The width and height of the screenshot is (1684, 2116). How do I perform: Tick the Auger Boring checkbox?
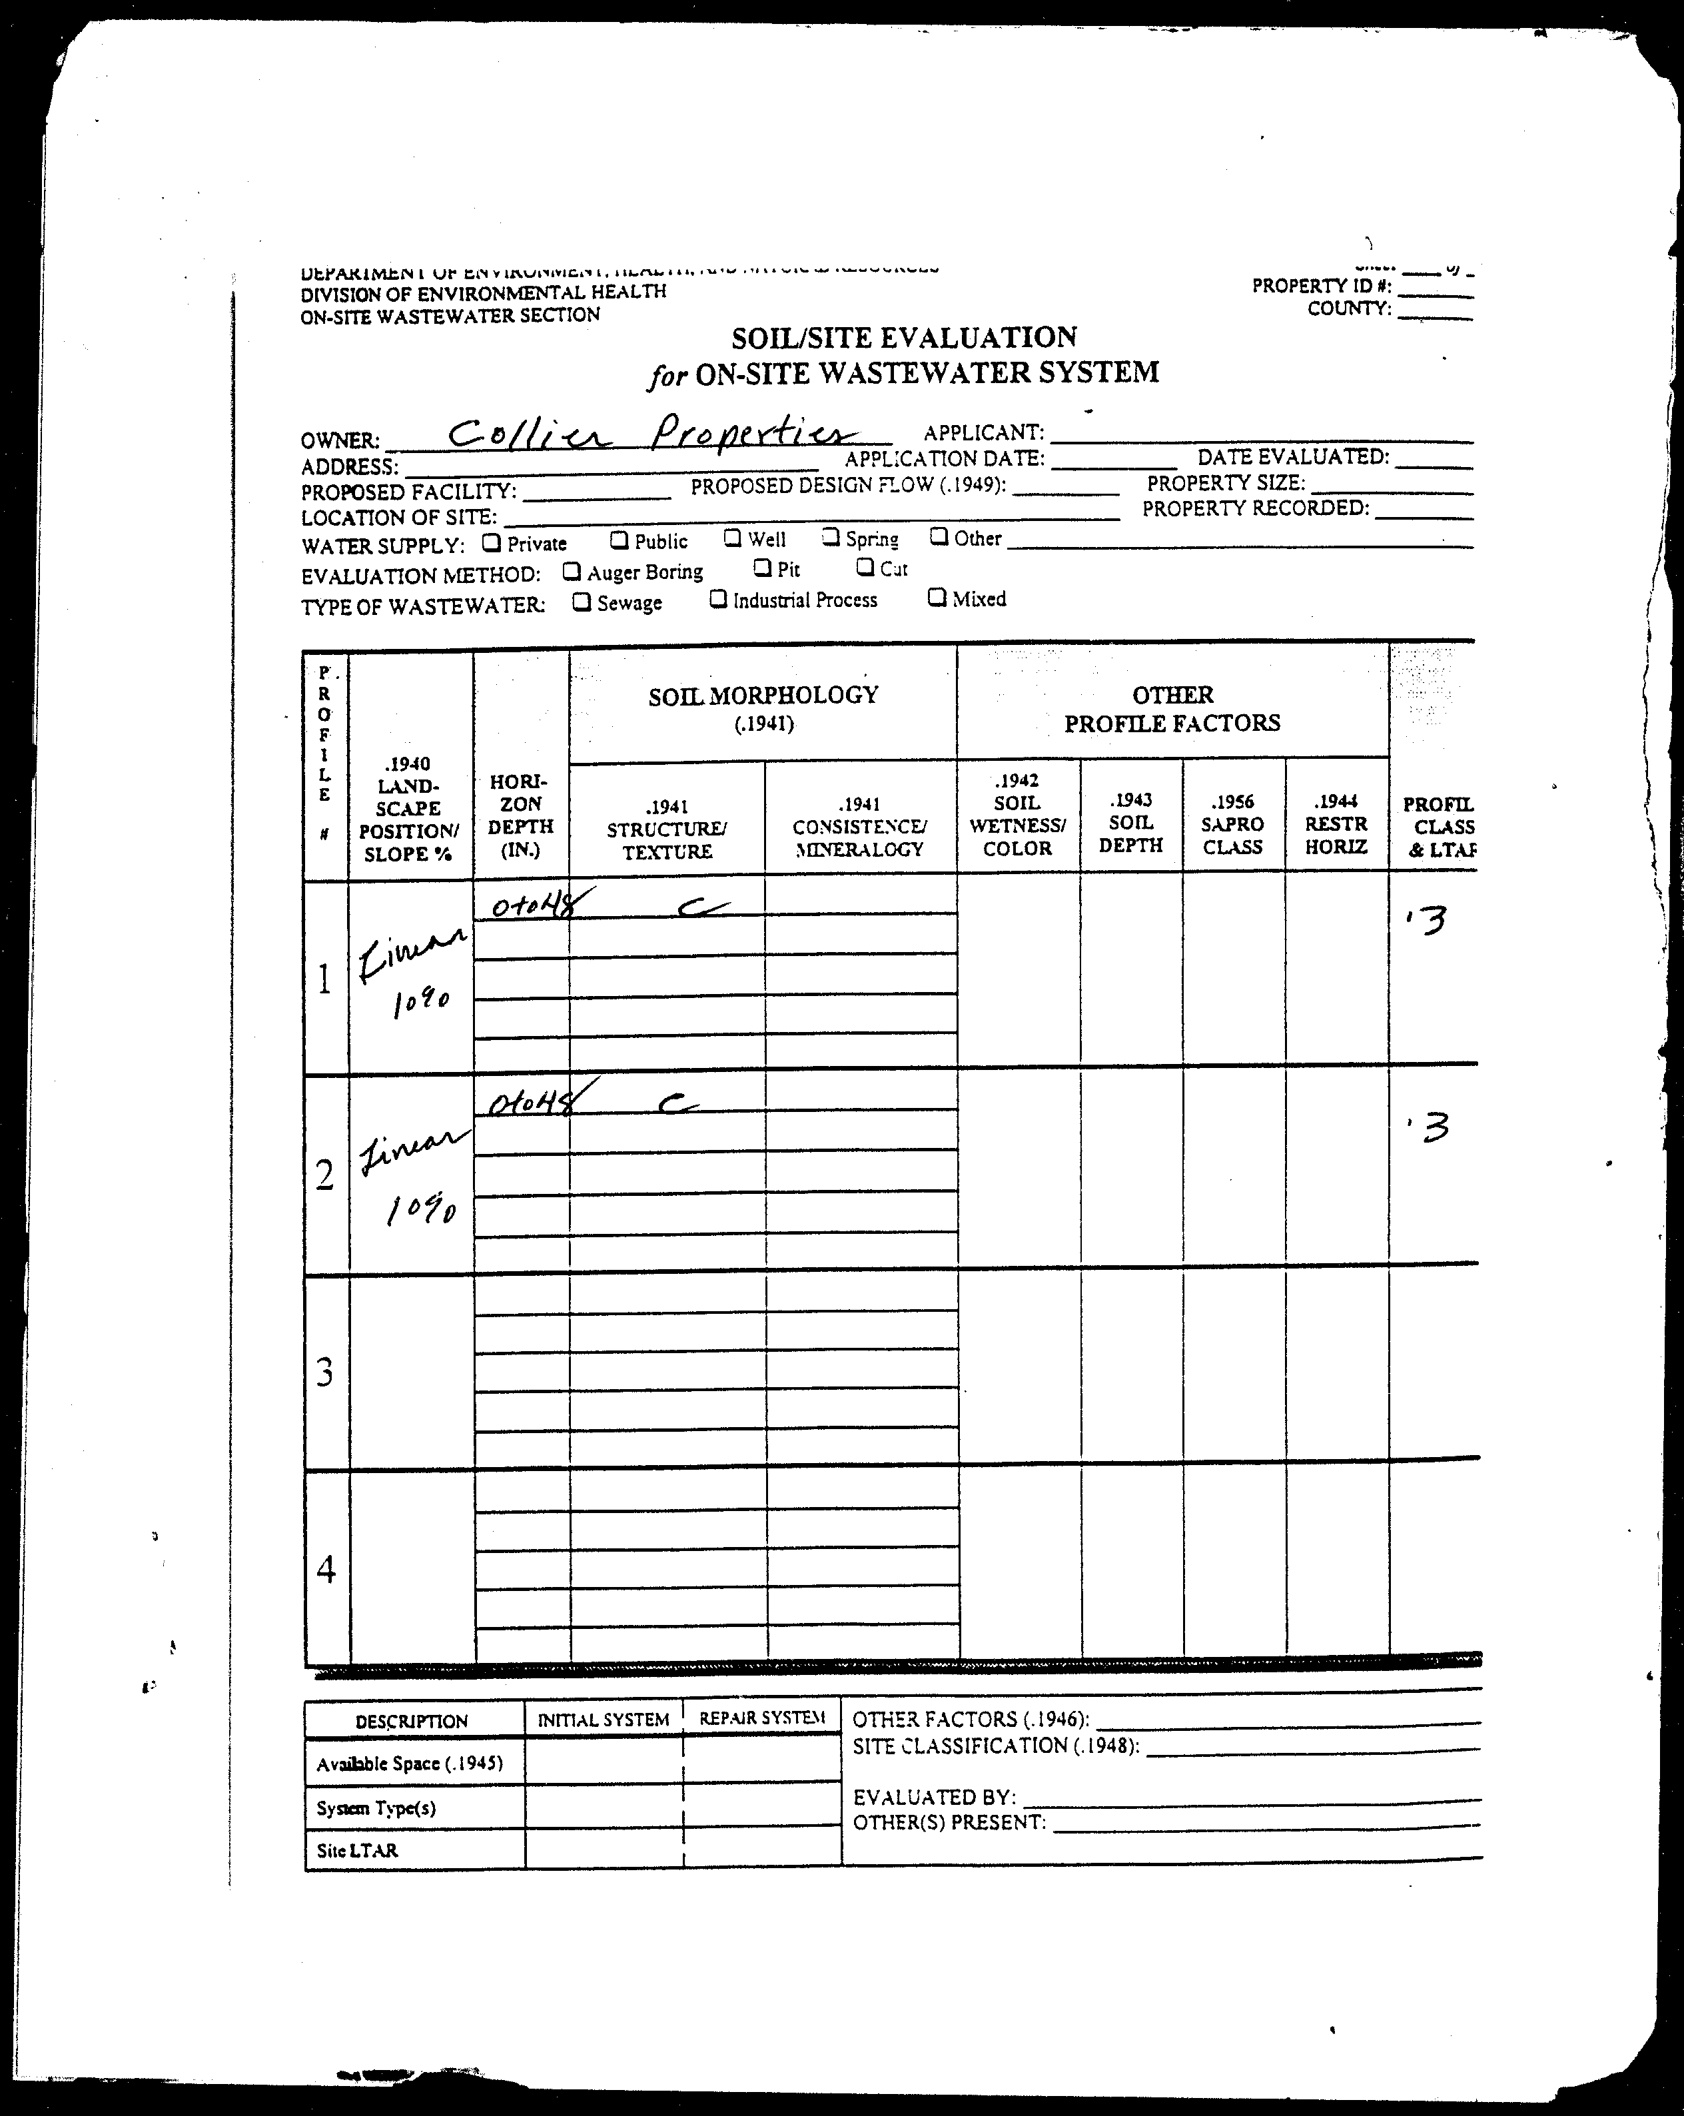pos(571,570)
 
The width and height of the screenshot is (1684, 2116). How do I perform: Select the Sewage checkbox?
pos(581,602)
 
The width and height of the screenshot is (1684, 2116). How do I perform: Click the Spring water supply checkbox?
pos(830,536)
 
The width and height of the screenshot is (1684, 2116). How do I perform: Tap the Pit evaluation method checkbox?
pos(761,566)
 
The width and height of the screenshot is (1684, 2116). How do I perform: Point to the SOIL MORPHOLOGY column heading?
pos(763,696)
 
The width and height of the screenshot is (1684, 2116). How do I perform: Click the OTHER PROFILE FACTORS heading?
pos(1172,709)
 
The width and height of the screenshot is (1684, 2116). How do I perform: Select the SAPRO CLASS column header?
pos(1232,824)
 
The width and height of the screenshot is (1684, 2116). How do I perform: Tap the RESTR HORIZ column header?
pos(1336,824)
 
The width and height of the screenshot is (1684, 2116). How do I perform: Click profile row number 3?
pos(326,1371)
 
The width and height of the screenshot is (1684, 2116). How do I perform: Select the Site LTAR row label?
pos(357,1850)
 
